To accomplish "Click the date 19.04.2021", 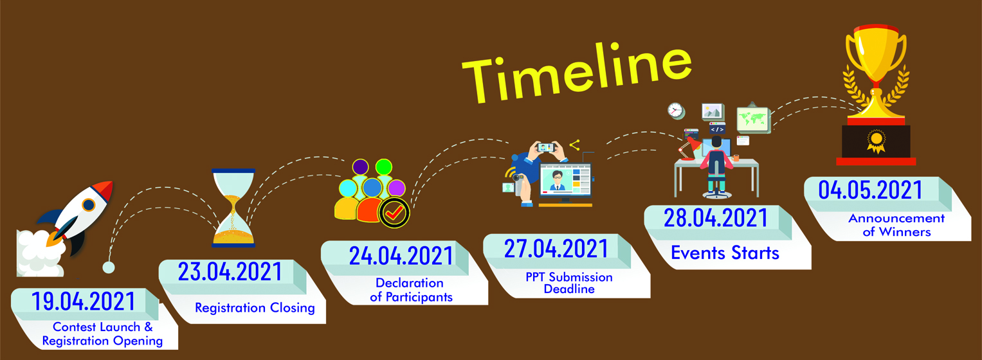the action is click(84, 301).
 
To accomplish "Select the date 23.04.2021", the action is click(230, 271).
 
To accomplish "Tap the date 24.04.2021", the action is click(401, 256).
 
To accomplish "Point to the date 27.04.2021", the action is click(556, 249).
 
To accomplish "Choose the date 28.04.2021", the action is click(716, 218).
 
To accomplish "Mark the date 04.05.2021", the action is click(870, 190).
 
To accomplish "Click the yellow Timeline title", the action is click(577, 73).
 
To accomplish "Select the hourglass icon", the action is click(233, 208).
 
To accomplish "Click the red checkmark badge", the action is click(394, 213).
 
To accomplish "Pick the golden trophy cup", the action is click(876, 73).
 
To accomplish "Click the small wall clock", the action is click(676, 111).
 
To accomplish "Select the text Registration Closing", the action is click(255, 308).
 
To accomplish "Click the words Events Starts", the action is click(725, 253).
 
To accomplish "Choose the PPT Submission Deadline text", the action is click(569, 283).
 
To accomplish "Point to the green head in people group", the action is click(383, 167).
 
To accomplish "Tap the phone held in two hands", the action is click(546, 147).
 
